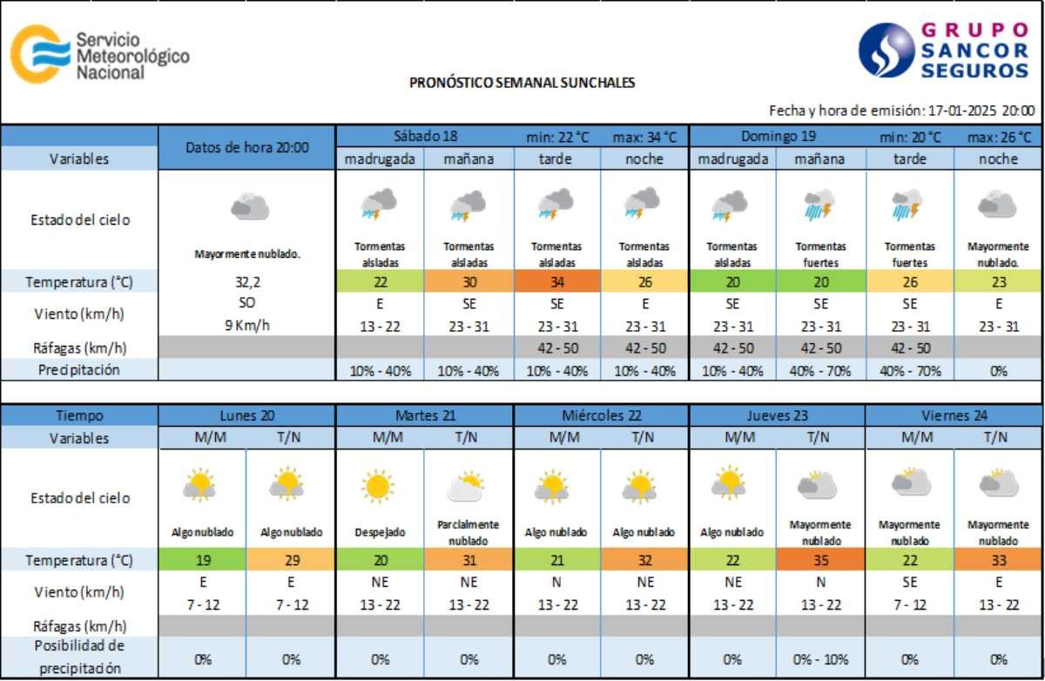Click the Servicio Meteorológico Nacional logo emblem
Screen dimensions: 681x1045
[x=40, y=54]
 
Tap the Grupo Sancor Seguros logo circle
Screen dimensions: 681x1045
[x=886, y=51]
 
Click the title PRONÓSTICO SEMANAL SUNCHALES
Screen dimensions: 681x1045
[x=522, y=84]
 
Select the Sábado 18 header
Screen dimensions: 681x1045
[x=425, y=136]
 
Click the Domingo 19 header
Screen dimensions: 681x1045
[x=778, y=136]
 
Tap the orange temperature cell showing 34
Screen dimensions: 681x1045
[x=557, y=281]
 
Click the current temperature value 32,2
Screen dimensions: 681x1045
[x=247, y=281]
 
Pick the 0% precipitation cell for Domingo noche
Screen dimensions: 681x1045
[x=998, y=370]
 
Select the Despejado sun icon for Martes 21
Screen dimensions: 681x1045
[x=380, y=487]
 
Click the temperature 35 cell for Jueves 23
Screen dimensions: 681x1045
[x=821, y=559]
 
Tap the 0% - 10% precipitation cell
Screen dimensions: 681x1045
[x=821, y=659]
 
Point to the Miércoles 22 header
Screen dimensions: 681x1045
[x=601, y=415]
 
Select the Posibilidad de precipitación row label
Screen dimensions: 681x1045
[x=79, y=657]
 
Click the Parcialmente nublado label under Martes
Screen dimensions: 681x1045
[x=469, y=532]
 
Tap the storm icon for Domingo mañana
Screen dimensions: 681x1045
[x=821, y=206]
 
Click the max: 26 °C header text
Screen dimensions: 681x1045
[x=998, y=137]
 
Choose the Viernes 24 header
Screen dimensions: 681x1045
[x=954, y=415]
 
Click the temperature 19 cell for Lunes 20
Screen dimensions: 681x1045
[x=204, y=559]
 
